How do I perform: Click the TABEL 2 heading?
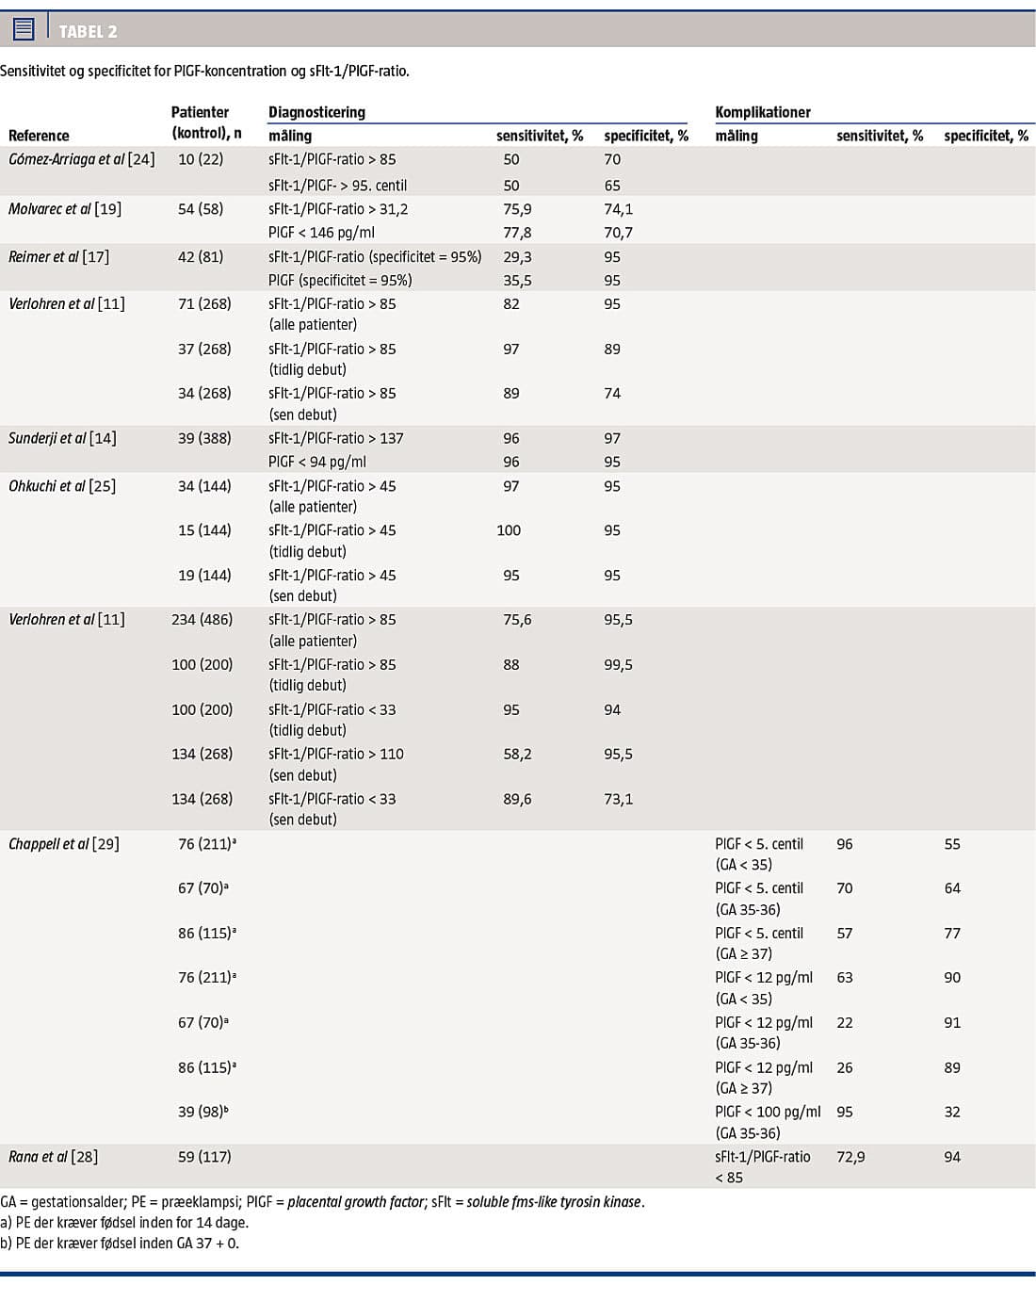pos(88,31)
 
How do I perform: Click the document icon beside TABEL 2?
pos(24,29)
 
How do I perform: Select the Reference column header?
pos(39,136)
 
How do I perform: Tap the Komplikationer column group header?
pos(762,112)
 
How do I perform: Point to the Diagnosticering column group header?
pos(316,112)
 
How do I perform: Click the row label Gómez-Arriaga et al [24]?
pos(81,159)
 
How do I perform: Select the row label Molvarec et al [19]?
pos(65,208)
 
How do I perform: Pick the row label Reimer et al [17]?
pos(58,256)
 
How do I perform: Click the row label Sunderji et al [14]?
pos(62,438)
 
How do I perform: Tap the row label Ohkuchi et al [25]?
pos(62,486)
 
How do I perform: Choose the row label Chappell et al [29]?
pos(64,844)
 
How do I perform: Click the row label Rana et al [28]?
pos(53,1157)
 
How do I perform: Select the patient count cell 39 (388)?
pos(204,438)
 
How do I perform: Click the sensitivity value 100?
pos(509,530)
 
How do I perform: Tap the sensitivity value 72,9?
pos(850,1157)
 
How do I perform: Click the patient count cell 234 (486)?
pos(202,619)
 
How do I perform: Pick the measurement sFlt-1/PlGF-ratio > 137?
pos(335,438)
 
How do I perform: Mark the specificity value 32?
pos(952,1112)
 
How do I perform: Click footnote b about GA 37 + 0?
pos(120,1243)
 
